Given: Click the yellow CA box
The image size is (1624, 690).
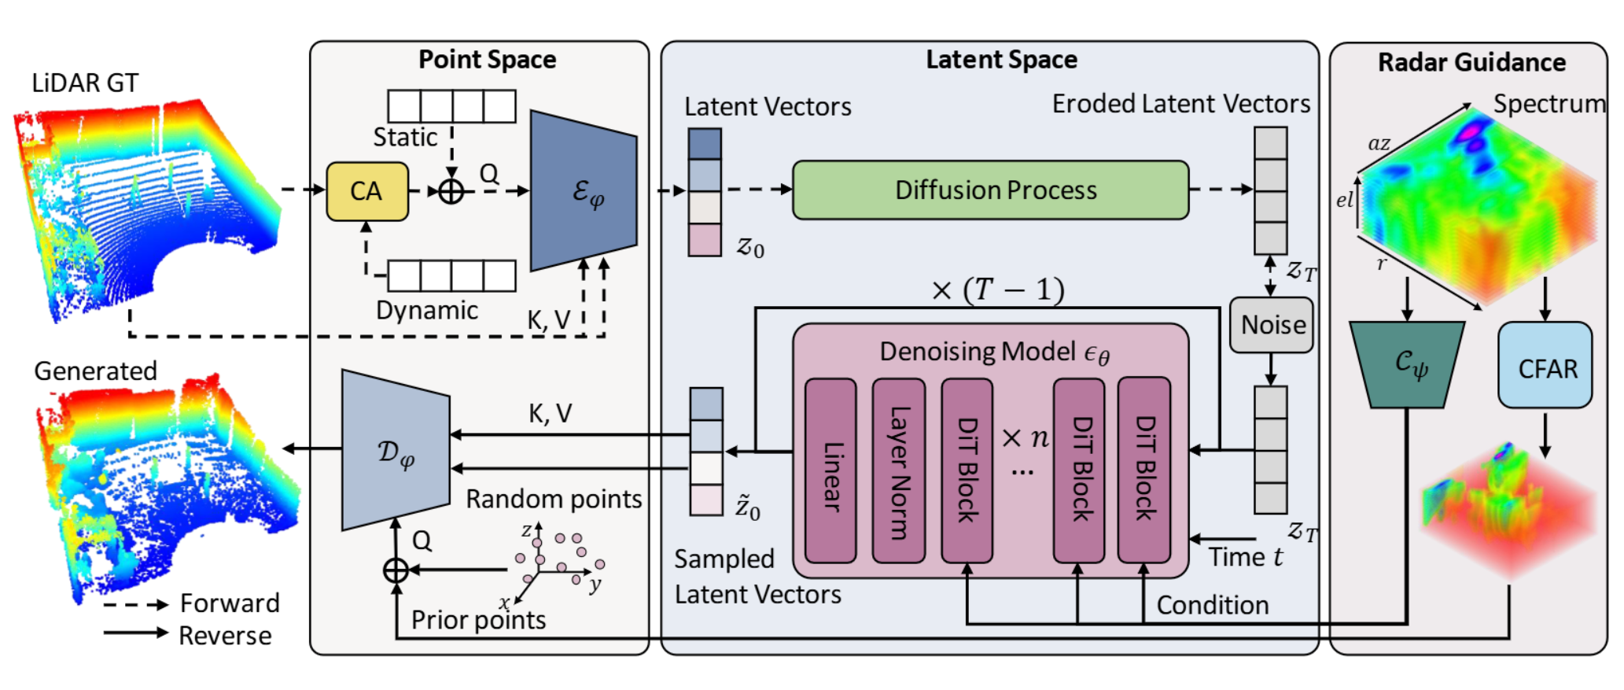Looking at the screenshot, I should (x=367, y=191).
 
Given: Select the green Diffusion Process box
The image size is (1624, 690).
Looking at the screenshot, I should (x=990, y=190).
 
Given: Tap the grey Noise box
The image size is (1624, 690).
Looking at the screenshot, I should (x=1271, y=324).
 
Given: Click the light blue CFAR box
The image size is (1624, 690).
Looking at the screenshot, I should (x=1545, y=366).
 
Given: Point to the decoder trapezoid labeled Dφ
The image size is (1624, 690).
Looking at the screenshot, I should (x=396, y=451).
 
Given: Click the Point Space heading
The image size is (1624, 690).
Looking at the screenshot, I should (x=487, y=60).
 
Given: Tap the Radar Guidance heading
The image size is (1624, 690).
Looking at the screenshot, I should (x=1471, y=62).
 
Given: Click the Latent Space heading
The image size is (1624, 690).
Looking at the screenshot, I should (x=1000, y=60).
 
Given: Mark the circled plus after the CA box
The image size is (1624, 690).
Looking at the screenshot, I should (x=451, y=191).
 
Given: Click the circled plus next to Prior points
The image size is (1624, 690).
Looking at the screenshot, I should (x=396, y=570).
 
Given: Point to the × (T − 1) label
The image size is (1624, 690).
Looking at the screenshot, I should (x=997, y=290).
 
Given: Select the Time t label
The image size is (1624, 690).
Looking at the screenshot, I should (x=1245, y=557).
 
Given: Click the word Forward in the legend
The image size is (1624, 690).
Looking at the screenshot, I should (x=230, y=603).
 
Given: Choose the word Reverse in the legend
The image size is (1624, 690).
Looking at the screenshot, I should (x=225, y=635).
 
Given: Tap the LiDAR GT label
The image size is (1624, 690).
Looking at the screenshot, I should (x=85, y=83).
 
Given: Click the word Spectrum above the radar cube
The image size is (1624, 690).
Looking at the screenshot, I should (x=1549, y=103).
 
